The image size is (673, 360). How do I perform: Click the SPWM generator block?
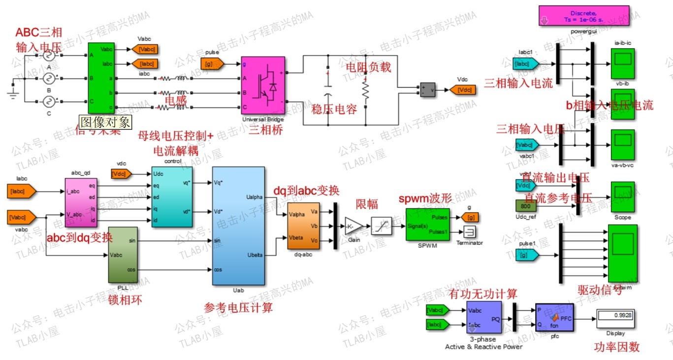[x=427, y=225]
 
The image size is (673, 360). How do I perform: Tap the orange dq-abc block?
[x=303, y=226]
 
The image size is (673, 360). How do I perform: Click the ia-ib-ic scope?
[x=623, y=63]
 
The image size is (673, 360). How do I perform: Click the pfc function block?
[x=554, y=318]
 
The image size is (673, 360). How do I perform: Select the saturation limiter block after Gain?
[x=382, y=225]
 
